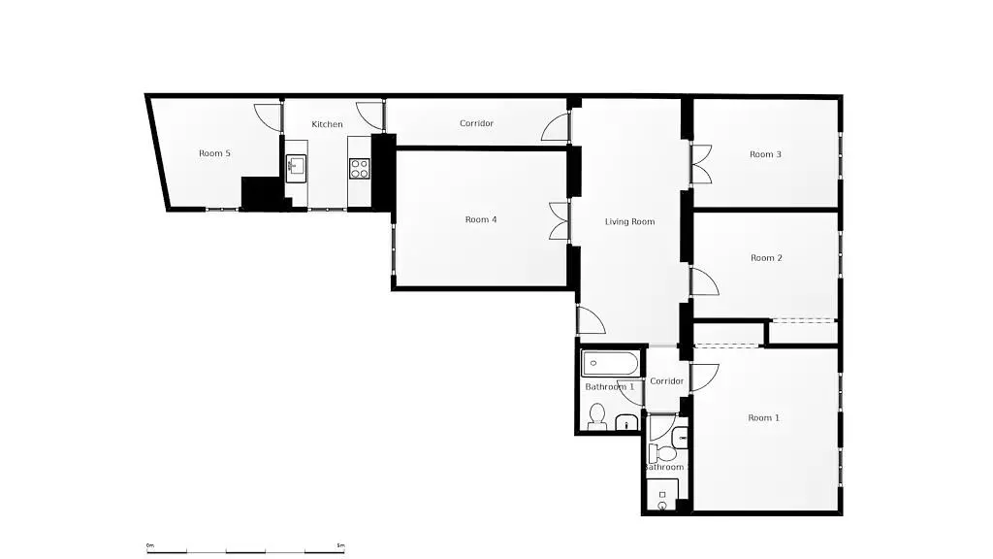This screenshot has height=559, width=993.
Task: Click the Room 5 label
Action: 214,153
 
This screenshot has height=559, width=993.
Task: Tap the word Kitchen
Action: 327,124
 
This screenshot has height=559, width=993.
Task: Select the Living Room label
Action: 629,222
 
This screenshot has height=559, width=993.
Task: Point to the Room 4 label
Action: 481,220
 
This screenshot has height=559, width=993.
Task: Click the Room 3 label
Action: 765,154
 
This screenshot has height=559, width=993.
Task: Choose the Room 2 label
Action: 766,258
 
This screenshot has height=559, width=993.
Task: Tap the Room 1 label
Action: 763,418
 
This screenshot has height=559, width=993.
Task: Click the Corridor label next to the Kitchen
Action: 476,123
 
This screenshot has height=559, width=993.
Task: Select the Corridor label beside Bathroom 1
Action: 666,381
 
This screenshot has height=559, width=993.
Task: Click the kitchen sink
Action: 296,165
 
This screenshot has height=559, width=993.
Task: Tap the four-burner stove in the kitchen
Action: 359,167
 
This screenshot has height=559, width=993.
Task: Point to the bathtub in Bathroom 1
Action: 610,365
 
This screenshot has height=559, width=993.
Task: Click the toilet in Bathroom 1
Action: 597,416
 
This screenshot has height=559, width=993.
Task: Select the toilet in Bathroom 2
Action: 663,453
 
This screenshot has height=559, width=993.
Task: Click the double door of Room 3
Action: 701,164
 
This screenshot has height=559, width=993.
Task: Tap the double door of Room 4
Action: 559,220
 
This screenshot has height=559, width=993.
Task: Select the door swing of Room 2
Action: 703,282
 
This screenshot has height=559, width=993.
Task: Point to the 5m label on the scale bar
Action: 339,545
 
